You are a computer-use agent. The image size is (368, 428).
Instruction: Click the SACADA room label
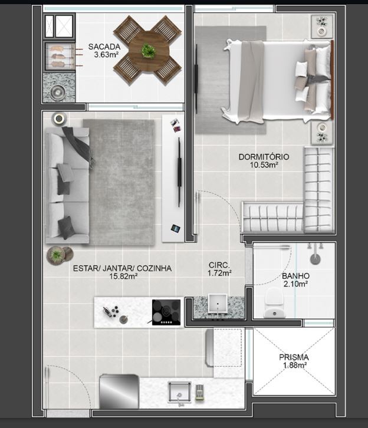tap(104, 47)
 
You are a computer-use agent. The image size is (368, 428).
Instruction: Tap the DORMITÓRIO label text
tap(264, 157)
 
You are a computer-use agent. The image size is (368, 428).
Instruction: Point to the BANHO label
tap(295, 275)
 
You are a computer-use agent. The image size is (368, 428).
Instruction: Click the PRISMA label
tap(294, 357)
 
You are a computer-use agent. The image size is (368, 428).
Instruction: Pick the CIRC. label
tap(219, 265)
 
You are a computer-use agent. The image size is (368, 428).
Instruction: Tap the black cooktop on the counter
tap(166, 312)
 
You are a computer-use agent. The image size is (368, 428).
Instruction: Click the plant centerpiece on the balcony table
tap(149, 51)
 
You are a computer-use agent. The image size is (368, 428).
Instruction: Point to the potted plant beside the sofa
tap(56, 255)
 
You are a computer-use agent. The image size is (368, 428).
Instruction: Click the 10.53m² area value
tap(264, 165)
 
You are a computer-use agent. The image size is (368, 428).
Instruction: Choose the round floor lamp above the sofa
tap(58, 118)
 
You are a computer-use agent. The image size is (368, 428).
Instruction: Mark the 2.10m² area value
tap(295, 284)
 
